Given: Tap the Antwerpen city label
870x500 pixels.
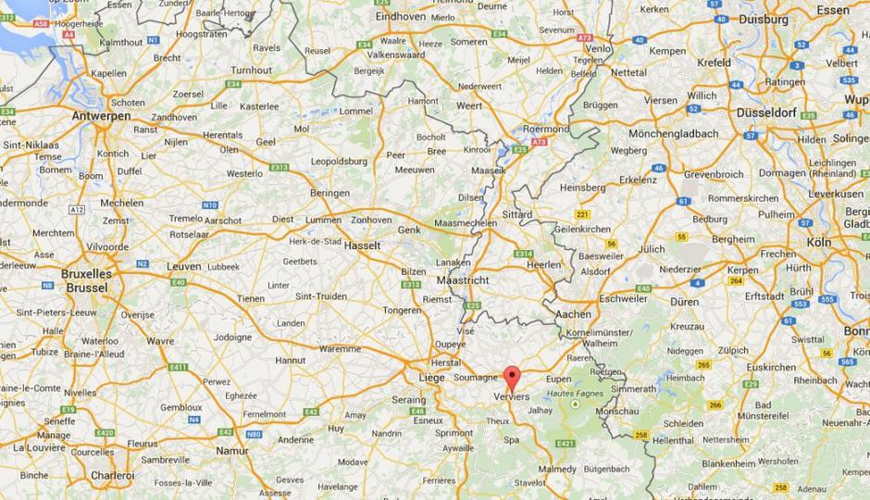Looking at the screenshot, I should [102, 117].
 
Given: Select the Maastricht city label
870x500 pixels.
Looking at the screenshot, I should [462, 280].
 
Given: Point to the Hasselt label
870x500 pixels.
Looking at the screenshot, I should [363, 247].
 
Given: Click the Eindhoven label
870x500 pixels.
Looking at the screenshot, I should [400, 16].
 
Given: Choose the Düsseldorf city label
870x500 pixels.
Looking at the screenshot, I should [767, 111].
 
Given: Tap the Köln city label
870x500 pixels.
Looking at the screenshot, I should [817, 242].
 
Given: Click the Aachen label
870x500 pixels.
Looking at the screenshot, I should [573, 315].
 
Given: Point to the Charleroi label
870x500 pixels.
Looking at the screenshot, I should [112, 475].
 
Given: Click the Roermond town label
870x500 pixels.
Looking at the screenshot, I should [546, 129].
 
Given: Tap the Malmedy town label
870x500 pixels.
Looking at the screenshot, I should [557, 469].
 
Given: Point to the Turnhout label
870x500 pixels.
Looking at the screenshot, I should [252, 70].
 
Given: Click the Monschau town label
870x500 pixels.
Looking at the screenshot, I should [617, 410].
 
